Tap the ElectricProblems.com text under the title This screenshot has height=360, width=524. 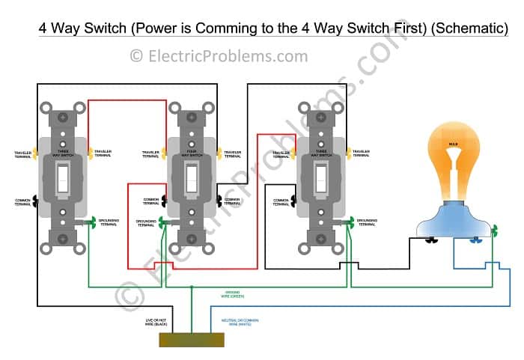[219, 55]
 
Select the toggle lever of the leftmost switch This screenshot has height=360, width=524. [64, 177]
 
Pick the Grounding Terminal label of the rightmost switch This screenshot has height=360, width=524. [367, 223]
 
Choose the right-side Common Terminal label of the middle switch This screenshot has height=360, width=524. [237, 201]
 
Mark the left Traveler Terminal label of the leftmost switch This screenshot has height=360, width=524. [22, 154]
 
